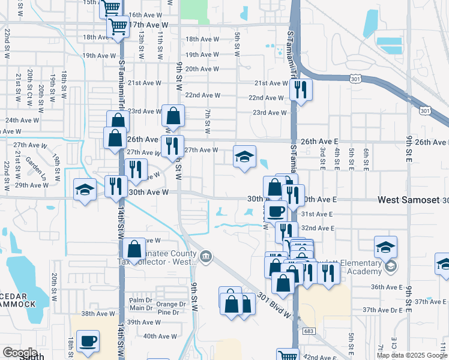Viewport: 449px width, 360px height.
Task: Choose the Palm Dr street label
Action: point(141,300)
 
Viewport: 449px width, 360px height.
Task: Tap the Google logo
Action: point(19,353)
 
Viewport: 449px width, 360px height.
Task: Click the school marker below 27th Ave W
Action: point(244,157)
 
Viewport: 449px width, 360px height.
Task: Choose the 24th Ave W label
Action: point(20,120)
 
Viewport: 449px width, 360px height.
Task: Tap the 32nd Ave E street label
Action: point(318,228)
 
